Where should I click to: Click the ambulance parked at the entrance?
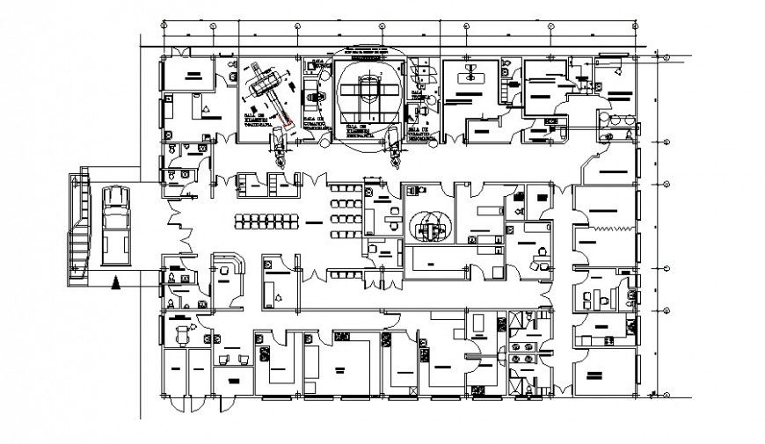(116, 224)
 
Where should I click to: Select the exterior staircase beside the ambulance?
(79, 226)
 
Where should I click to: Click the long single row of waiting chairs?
(265, 219)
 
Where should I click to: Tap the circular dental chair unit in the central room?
(431, 224)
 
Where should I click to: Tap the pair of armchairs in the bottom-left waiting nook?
(230, 359)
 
